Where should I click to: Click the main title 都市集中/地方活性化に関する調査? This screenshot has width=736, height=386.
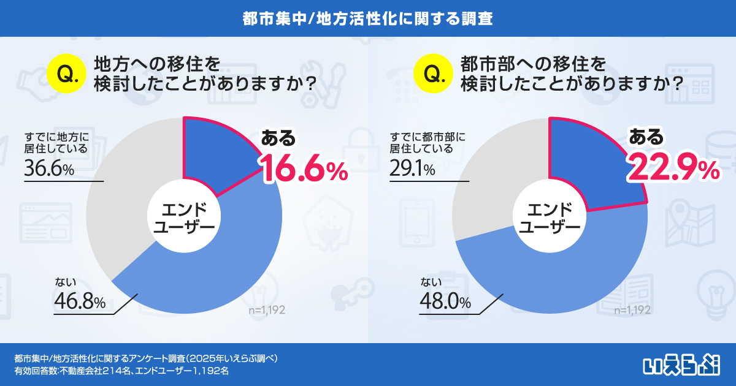point(368,18)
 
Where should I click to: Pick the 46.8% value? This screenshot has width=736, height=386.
point(80,301)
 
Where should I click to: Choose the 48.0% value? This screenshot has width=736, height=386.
point(445,301)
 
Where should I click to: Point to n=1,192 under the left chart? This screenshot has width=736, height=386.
point(267,310)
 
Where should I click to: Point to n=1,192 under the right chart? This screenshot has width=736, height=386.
point(632,310)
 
